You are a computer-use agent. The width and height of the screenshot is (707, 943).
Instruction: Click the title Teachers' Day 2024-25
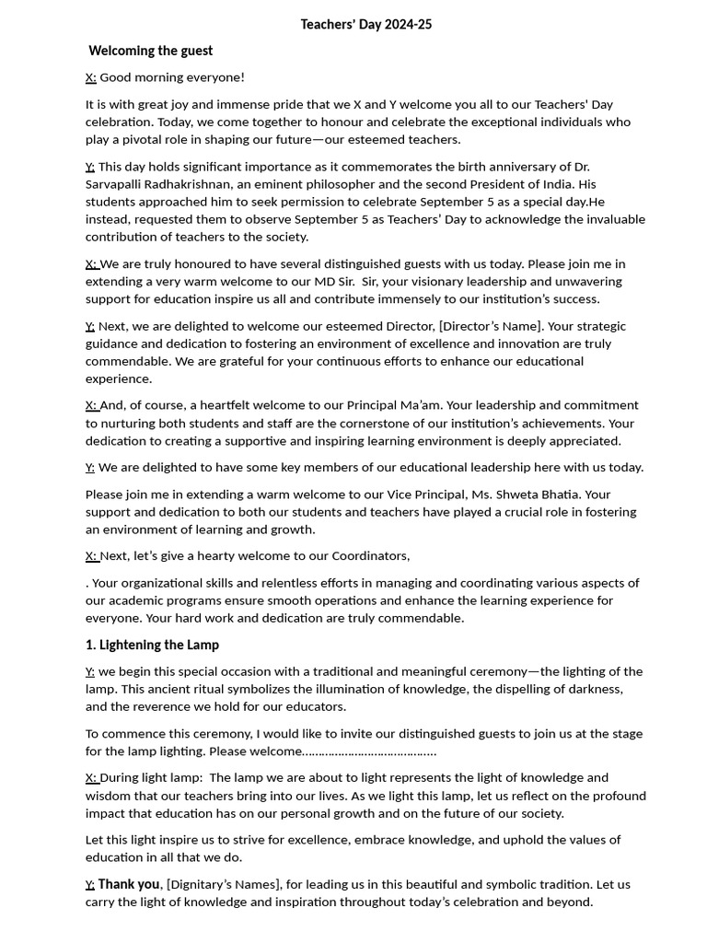(x=365, y=25)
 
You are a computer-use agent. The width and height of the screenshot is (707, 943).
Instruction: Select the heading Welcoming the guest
(x=151, y=51)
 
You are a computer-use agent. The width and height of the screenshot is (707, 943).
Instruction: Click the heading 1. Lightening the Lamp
(x=152, y=645)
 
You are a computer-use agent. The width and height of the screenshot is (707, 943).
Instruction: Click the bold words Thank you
(x=129, y=884)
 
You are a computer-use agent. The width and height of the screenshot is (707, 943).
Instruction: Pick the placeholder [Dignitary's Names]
(x=224, y=884)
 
